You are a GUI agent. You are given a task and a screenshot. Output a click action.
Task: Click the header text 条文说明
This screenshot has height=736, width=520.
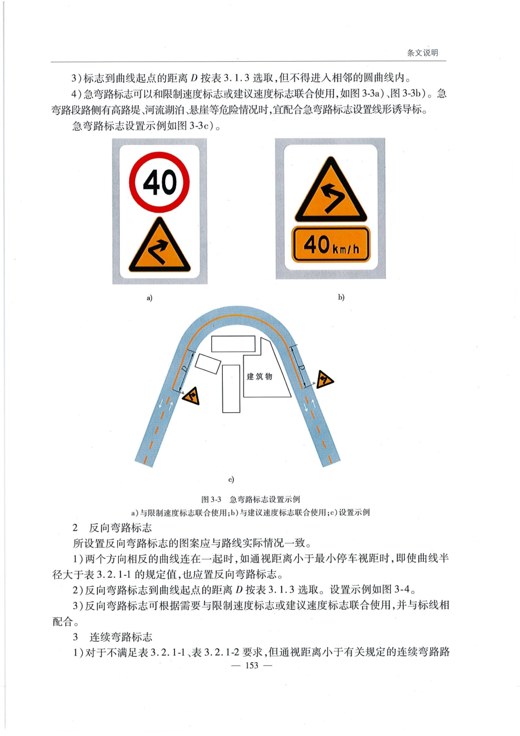(x=423, y=53)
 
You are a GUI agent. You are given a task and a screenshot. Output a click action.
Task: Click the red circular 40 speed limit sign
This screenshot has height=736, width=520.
(x=159, y=182)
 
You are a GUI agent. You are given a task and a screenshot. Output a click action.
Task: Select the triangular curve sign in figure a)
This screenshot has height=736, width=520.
(x=159, y=245)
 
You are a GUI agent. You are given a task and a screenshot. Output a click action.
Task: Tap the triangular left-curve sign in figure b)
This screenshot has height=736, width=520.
(x=331, y=190)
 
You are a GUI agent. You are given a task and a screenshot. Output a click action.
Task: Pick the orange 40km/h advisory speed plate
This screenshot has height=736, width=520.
(x=331, y=245)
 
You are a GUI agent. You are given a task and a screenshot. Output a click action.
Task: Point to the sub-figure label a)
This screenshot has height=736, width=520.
(x=149, y=298)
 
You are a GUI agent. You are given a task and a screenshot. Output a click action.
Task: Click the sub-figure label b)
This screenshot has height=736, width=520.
(x=341, y=297)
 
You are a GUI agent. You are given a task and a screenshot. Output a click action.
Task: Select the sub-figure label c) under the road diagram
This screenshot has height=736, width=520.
(x=231, y=480)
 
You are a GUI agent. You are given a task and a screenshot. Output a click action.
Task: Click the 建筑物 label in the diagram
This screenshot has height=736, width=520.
(x=259, y=377)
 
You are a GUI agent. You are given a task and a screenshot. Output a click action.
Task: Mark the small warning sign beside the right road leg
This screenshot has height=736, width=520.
(x=325, y=379)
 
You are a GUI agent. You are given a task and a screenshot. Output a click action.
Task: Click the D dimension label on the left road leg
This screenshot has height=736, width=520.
(x=185, y=369)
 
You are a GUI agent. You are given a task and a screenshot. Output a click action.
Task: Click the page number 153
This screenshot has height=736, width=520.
(x=252, y=665)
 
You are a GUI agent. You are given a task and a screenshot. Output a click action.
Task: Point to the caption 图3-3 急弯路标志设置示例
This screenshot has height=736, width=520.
(x=251, y=500)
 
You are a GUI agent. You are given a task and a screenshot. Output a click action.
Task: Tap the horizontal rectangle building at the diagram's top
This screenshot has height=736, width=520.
(x=233, y=344)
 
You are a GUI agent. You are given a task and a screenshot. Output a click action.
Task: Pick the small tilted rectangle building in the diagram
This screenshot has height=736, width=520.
(x=208, y=364)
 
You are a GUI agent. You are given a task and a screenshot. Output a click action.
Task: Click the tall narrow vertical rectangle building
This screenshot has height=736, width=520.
(x=231, y=389)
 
